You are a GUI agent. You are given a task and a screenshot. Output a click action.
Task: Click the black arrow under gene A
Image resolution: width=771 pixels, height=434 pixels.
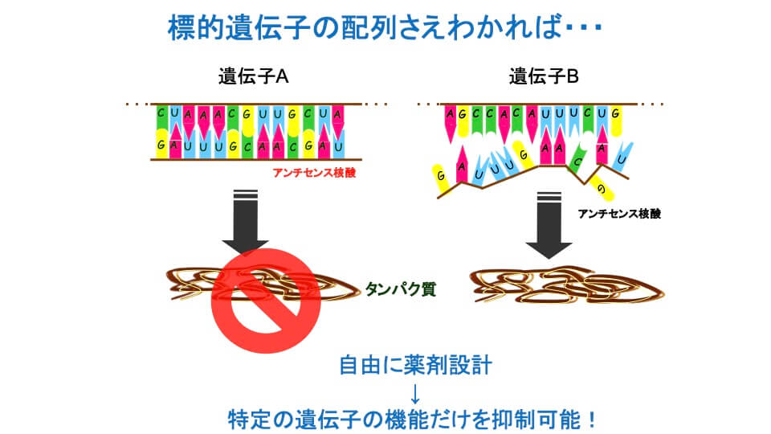point(245,221)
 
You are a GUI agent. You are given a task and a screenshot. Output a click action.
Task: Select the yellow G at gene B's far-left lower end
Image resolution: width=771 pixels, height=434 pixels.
point(439,175)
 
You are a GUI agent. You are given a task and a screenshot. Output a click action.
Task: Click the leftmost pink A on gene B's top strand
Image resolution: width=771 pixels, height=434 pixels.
point(451,115)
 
